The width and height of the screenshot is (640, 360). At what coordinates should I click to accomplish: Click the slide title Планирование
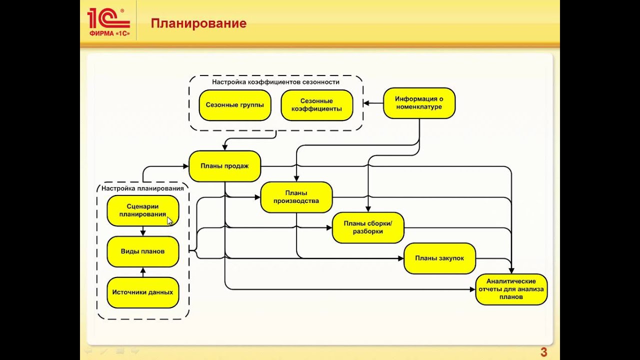point(198,23)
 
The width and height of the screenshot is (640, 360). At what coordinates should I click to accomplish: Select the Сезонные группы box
point(235,105)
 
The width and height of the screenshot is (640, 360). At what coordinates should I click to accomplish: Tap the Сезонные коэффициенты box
point(317,105)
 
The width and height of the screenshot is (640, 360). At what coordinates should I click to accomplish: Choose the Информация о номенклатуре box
point(419,103)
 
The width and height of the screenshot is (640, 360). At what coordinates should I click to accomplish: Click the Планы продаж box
point(224,166)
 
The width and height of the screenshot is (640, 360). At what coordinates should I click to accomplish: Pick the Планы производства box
point(296,197)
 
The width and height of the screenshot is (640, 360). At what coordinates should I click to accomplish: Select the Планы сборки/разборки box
point(368,227)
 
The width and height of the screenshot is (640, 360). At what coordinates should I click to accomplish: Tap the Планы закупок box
point(439,258)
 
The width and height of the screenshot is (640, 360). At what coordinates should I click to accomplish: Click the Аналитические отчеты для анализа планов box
point(511,289)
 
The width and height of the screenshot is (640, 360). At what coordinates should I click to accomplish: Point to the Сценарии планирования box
point(142,210)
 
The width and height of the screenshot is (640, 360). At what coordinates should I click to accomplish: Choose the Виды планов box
point(142,251)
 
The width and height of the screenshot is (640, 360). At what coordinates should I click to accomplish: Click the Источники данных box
point(142,292)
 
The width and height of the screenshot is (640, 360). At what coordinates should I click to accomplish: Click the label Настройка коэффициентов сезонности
point(275,82)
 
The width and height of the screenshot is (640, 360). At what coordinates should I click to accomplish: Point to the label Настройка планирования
point(142,188)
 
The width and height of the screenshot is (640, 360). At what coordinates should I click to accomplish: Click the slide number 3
point(544,352)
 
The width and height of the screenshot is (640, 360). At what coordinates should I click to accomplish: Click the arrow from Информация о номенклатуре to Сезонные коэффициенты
point(372,103)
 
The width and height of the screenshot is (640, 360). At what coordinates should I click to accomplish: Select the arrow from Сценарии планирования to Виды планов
point(143,231)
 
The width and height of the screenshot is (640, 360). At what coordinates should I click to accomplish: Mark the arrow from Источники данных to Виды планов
point(143,272)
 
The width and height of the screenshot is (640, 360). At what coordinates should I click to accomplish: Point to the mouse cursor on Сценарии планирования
point(169,220)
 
